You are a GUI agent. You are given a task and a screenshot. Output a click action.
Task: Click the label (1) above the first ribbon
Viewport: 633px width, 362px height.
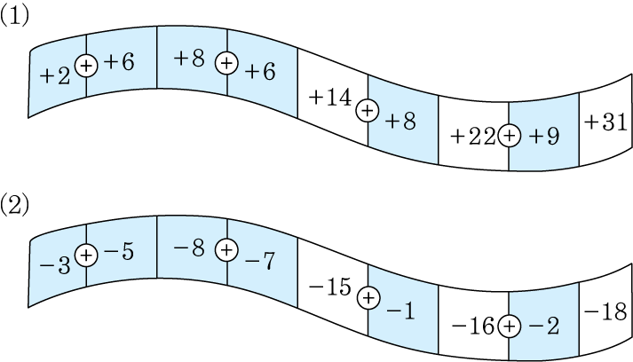pyautogui.click(x=14, y=16)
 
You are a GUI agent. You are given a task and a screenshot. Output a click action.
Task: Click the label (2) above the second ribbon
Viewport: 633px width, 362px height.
pyautogui.click(x=14, y=205)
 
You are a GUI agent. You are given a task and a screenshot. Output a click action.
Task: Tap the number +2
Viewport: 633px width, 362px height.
pyautogui.click(x=55, y=76)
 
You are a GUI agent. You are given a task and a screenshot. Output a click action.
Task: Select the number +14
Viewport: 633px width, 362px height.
pyautogui.click(x=330, y=98)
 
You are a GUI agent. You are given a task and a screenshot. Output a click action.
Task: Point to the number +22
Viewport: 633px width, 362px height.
pyautogui.click(x=473, y=137)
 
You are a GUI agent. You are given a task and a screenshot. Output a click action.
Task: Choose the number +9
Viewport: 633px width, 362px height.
pyautogui.click(x=544, y=137)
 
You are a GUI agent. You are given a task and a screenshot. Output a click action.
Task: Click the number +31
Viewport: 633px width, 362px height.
pyautogui.click(x=606, y=122)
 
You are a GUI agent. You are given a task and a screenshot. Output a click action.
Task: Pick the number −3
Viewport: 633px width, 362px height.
pyautogui.click(x=55, y=266)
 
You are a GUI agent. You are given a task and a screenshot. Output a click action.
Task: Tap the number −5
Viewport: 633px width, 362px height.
pyautogui.click(x=119, y=252)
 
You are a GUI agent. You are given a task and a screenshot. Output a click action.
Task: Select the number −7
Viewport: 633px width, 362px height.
pyautogui.click(x=260, y=261)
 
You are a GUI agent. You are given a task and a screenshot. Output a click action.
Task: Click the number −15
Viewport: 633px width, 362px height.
pyautogui.click(x=330, y=287)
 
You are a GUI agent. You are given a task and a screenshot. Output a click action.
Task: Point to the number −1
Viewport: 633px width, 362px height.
pyautogui.click(x=400, y=311)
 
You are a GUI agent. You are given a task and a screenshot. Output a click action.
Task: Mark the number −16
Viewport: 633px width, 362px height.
pyautogui.click(x=472, y=326)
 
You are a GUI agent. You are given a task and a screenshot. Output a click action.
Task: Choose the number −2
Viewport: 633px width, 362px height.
pyautogui.click(x=544, y=326)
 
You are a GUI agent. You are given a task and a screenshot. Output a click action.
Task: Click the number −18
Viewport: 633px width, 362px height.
pyautogui.click(x=605, y=311)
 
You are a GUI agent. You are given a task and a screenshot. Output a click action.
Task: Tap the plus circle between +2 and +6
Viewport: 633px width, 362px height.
pyautogui.click(x=86, y=66)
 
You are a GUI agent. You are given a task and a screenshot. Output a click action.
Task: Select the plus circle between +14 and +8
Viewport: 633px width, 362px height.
pyautogui.click(x=368, y=110)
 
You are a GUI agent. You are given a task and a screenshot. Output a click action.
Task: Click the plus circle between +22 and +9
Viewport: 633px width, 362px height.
pyautogui.click(x=510, y=136)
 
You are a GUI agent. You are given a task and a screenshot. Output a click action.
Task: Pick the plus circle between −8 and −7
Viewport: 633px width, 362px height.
pyautogui.click(x=226, y=250)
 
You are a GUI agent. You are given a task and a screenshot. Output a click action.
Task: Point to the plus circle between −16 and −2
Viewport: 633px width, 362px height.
pyautogui.click(x=510, y=326)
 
